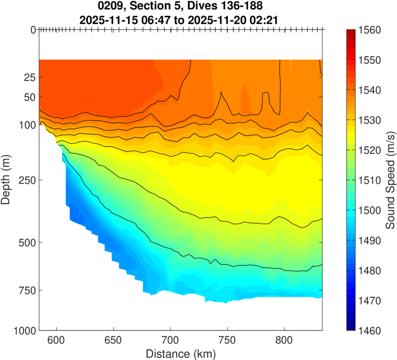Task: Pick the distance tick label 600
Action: pyautogui.click(x=57, y=342)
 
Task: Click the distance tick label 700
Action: pyautogui.click(x=171, y=342)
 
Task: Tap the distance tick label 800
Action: pyautogui.click(x=284, y=342)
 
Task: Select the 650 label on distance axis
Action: pyautogui.click(x=114, y=342)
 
